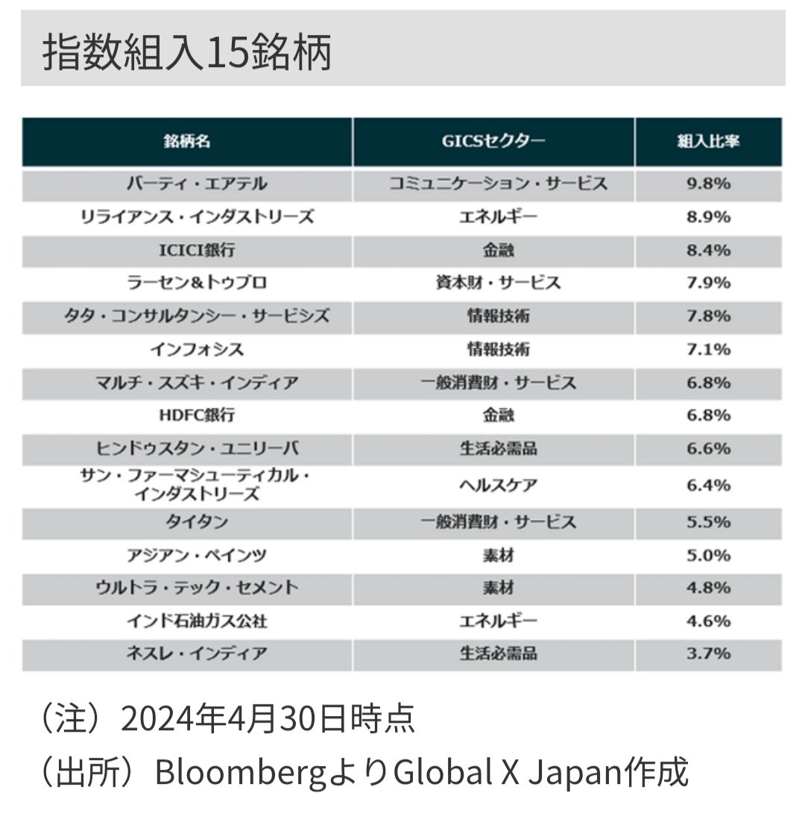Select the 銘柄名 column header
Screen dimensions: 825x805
click(186, 142)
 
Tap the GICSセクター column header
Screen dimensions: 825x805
click(493, 142)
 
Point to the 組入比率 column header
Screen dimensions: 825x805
click(708, 142)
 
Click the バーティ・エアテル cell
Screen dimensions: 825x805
click(186, 184)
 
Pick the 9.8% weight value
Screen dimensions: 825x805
click(708, 184)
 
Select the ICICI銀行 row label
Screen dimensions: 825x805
click(186, 251)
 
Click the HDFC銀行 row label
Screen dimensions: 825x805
click(186, 415)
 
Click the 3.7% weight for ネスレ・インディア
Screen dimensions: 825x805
click(708, 654)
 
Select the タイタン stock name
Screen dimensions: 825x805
click(186, 522)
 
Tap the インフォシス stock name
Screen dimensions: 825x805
click(186, 349)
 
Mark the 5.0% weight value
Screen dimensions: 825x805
click(708, 556)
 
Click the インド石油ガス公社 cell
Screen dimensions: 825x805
click(186, 621)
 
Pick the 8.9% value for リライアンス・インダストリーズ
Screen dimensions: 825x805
click(708, 217)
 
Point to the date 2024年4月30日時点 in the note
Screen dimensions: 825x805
click(267, 721)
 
